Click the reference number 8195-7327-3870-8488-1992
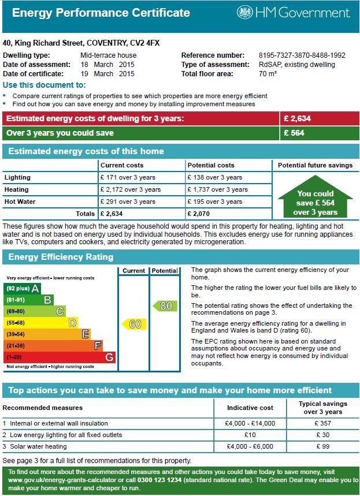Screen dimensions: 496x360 pos(302,55)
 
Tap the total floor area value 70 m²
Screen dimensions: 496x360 pos(268,74)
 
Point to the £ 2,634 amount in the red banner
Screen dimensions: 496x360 pos(297,119)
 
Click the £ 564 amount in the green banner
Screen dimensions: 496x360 pos(294,133)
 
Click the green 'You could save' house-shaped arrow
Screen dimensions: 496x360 pos(315,200)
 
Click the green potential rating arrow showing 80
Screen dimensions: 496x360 pos(165,305)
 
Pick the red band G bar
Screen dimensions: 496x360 pos(60,357)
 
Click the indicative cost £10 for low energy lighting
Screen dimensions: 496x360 pos(250,435)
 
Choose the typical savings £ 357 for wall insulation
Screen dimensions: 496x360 pos(323,423)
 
